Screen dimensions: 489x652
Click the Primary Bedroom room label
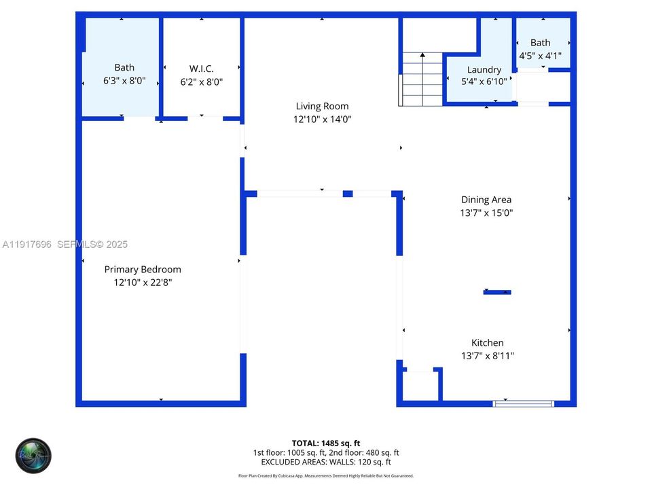[x=143, y=270]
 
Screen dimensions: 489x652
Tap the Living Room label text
[x=322, y=106]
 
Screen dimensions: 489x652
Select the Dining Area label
[x=486, y=200]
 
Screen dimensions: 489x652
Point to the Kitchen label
[x=488, y=343]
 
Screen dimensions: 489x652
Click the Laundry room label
[x=484, y=70]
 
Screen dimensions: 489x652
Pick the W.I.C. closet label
[x=201, y=69]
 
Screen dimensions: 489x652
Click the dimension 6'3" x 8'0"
[x=124, y=80]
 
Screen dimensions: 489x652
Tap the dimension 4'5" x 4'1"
[x=541, y=56]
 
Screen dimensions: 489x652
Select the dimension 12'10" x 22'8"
[x=143, y=283]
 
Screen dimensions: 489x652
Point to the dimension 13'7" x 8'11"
[x=488, y=356]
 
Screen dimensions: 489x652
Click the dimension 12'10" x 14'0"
[x=322, y=119]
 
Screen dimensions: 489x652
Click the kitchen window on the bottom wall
[x=523, y=403]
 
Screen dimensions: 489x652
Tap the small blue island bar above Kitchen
[x=497, y=292]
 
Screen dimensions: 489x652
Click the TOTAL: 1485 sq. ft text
[x=325, y=443]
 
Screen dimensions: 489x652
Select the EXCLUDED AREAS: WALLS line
[x=325, y=462]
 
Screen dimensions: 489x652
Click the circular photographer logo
[x=33, y=456]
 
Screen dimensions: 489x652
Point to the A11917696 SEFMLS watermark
[x=65, y=244]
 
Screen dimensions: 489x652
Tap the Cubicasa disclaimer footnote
[x=325, y=476]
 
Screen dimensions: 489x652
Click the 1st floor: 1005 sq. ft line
[x=325, y=452]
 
